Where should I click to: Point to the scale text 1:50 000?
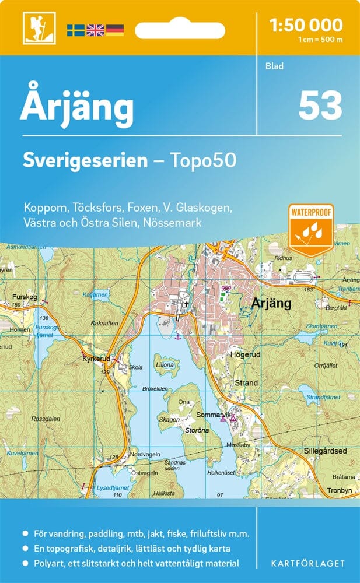tap(306, 25)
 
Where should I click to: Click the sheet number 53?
tap(320, 106)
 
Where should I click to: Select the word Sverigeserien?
tap(85, 160)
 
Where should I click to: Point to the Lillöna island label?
tap(165, 365)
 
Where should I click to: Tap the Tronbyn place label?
tap(340, 490)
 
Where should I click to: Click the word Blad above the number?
tap(274, 66)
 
